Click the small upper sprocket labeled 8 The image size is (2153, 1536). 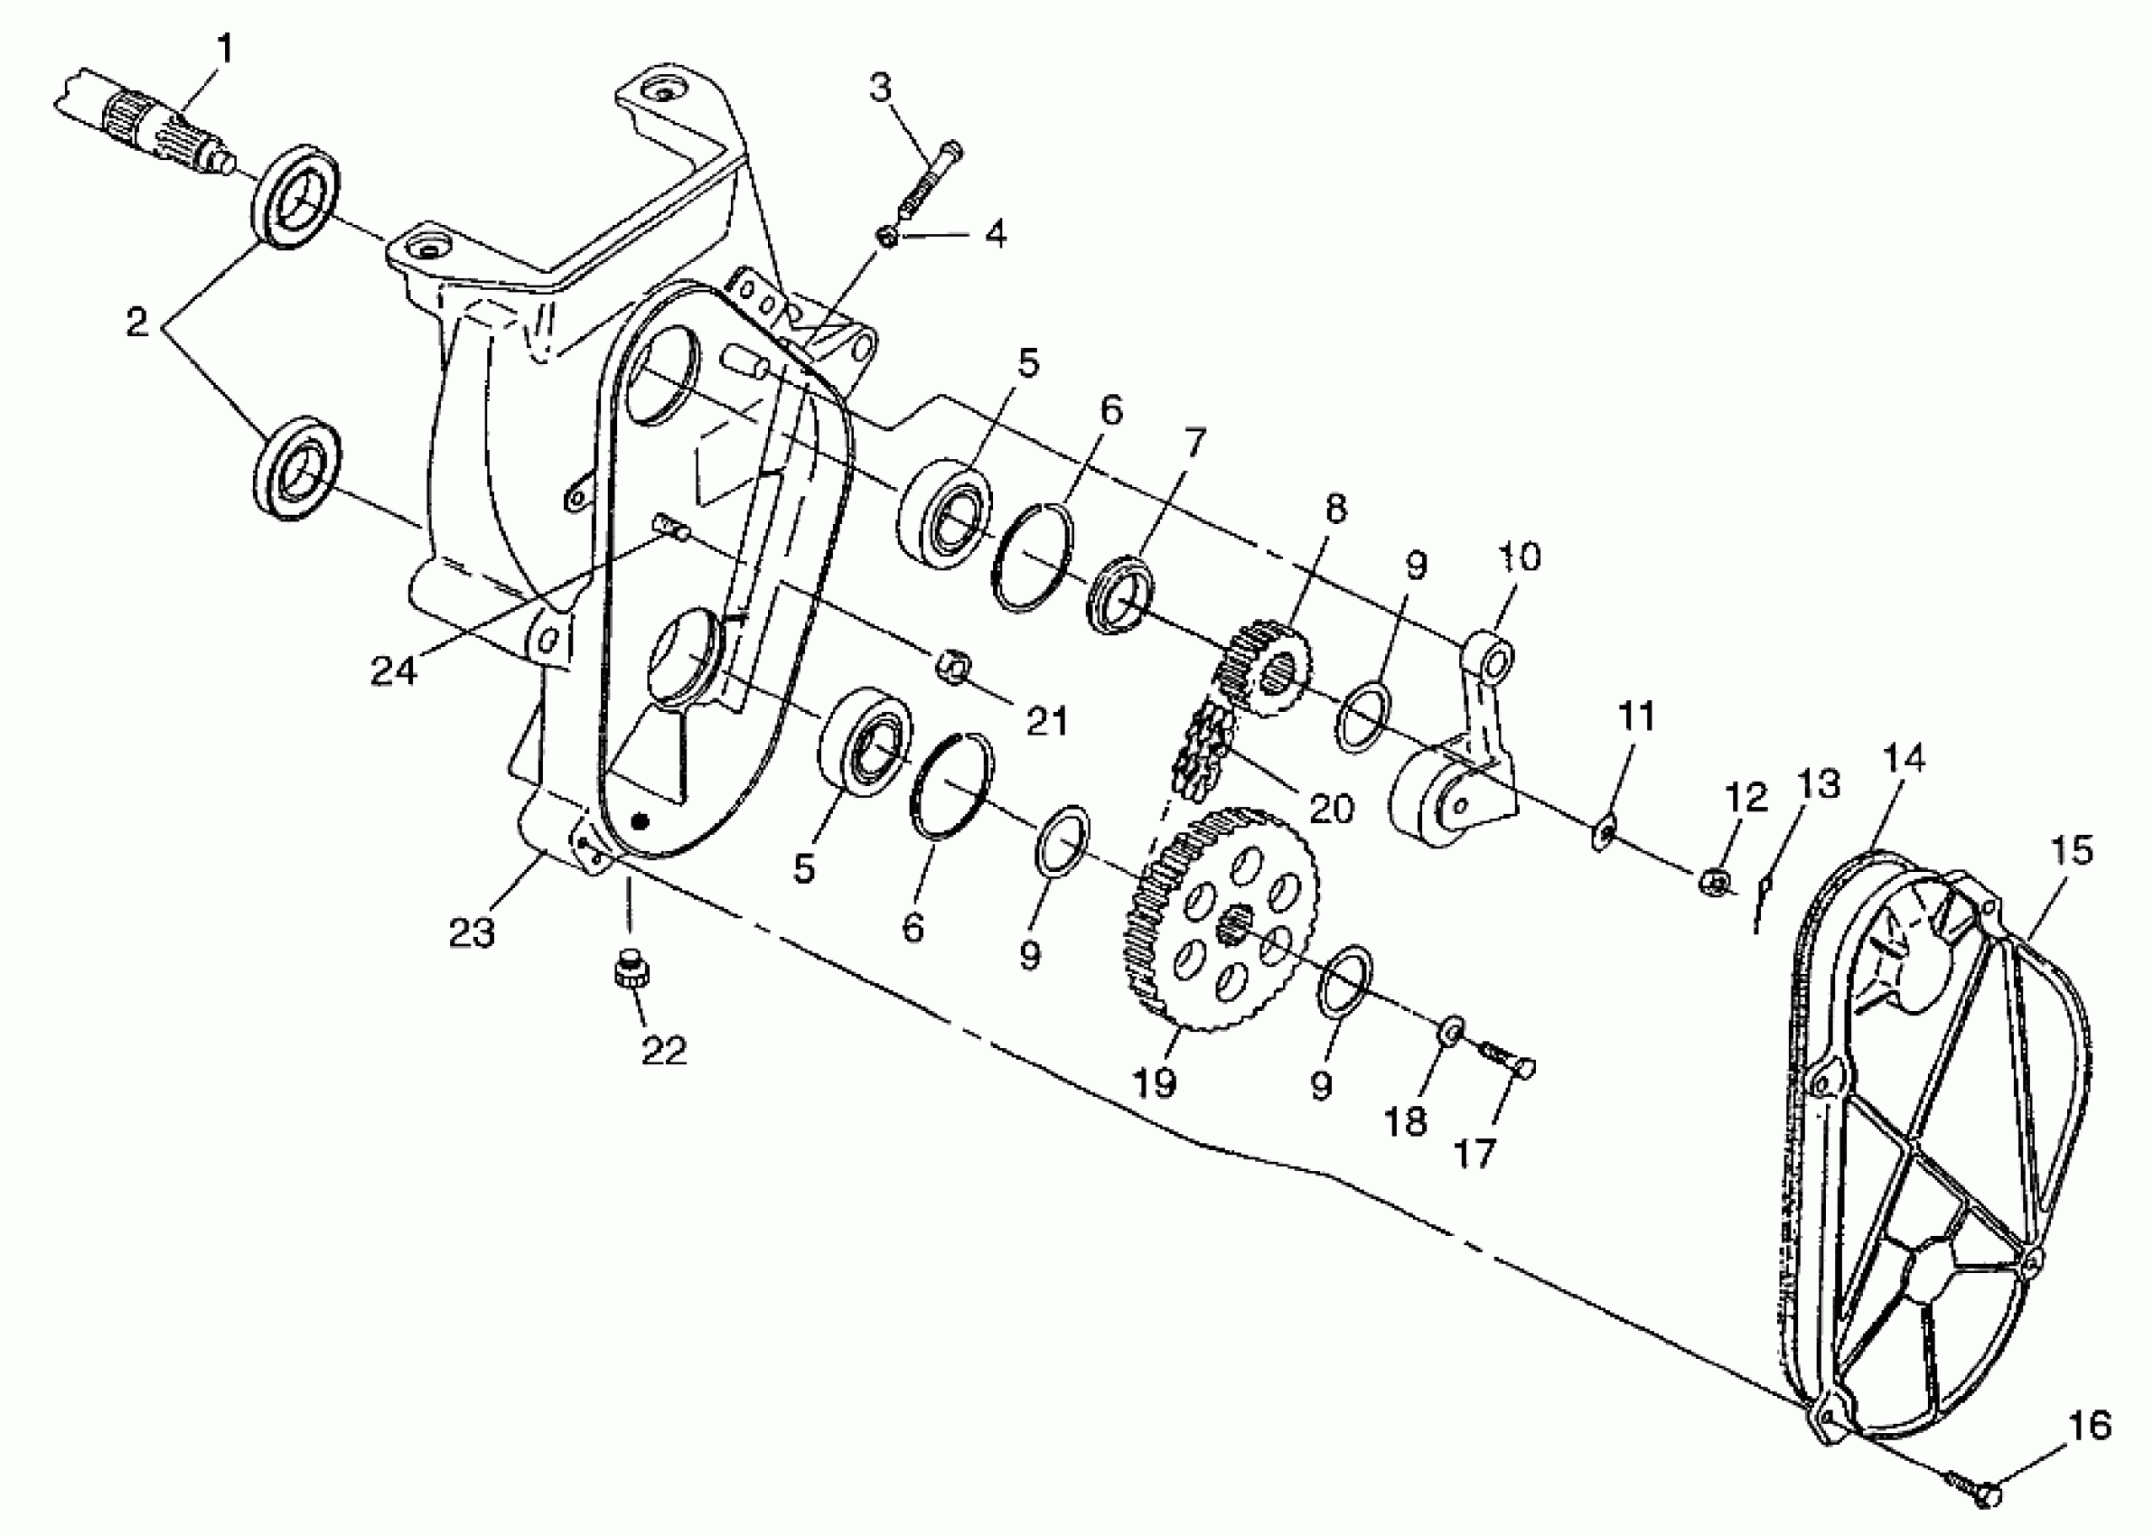pos(1262,668)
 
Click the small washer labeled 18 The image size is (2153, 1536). pos(1451,1030)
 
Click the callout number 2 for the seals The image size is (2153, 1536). pos(138,323)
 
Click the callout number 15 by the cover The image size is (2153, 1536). pos(2071,850)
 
